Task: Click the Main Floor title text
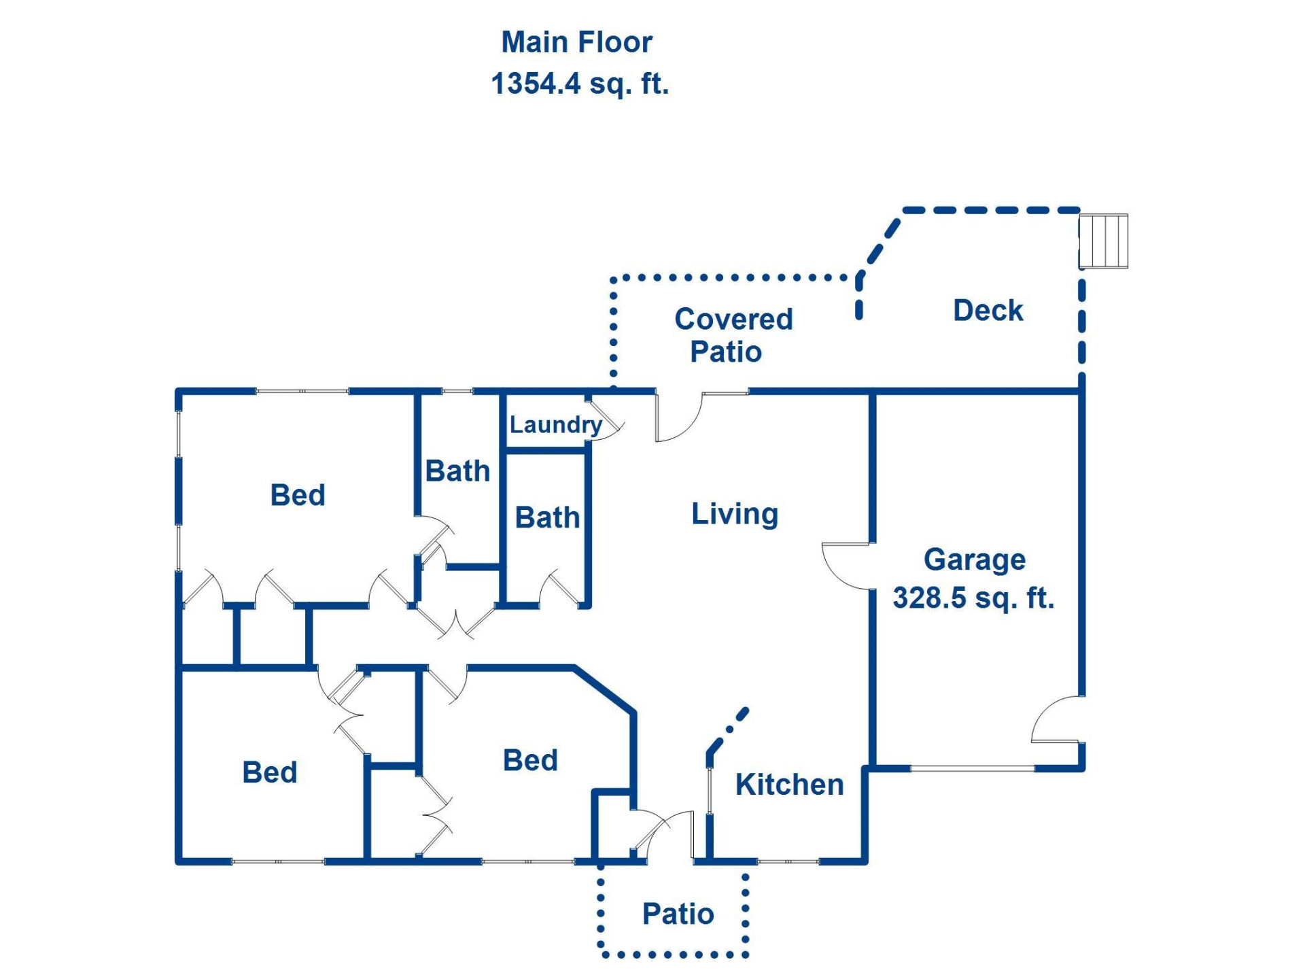coord(576,42)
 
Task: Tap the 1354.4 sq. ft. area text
coord(580,84)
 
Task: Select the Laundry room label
coord(555,424)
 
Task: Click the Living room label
coord(735,513)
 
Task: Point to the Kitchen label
coord(789,784)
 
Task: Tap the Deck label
coord(988,310)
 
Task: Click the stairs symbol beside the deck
coord(1103,241)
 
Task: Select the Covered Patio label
coord(733,335)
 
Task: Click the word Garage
coord(974,560)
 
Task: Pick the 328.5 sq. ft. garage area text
coord(973,598)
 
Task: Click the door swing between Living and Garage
coord(844,566)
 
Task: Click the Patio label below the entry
coord(678,914)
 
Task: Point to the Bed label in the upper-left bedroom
coord(298,495)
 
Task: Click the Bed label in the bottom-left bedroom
coord(270,772)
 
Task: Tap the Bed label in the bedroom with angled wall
coord(530,760)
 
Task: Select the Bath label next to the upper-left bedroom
coord(457,470)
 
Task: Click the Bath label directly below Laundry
coord(547,517)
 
